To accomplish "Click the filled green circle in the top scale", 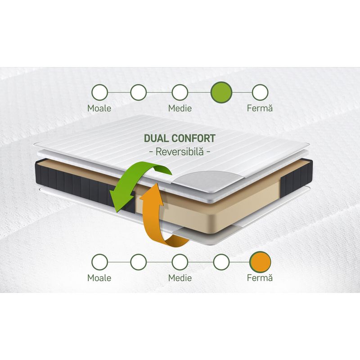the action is (x=221, y=92).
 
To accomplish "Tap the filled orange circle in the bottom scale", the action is (x=260, y=262).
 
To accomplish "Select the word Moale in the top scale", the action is (x=99, y=108).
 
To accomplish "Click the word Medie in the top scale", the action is (x=180, y=108).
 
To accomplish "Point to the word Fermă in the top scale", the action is (x=260, y=108).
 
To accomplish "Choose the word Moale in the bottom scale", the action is (x=99, y=278).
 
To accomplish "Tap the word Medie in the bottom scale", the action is (x=180, y=278).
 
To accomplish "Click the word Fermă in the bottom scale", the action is (x=260, y=278).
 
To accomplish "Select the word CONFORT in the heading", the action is (x=194, y=138).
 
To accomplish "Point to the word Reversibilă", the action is (x=180, y=152).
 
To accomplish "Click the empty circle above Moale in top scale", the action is (x=99, y=92).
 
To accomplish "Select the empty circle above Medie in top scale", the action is (x=180, y=92).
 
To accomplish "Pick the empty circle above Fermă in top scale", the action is (x=260, y=92).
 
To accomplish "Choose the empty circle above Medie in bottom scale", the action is (x=180, y=262).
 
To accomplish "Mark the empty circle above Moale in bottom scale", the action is (x=99, y=262).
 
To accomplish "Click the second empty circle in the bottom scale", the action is (x=139, y=262).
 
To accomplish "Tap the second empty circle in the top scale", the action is (x=139, y=92).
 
